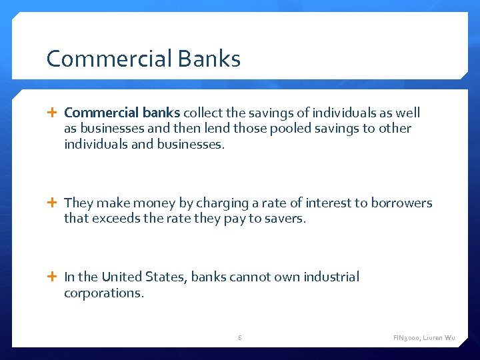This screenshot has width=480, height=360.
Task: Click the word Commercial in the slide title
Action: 99,59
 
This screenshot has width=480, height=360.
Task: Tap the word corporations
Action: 103,292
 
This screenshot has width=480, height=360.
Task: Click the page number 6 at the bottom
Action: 240,338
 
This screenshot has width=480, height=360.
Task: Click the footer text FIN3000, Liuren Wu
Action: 424,338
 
